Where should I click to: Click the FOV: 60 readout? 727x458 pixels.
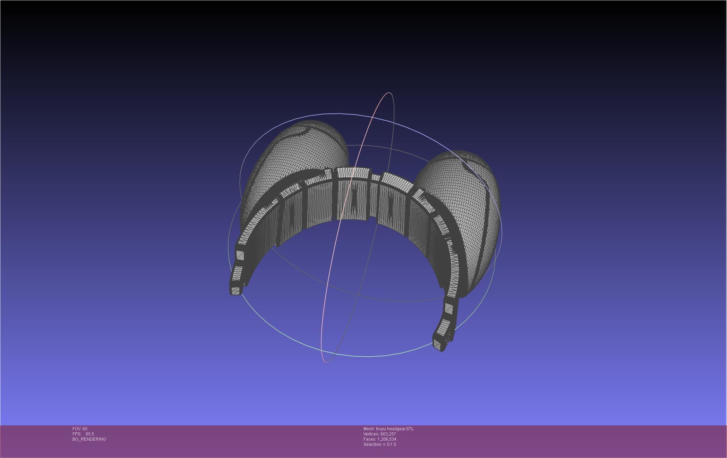(80, 429)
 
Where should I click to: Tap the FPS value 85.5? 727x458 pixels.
(90, 434)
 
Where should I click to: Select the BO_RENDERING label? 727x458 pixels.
(89, 439)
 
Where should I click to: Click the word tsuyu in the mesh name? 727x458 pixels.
(381, 429)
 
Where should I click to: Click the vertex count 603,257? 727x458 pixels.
(388, 434)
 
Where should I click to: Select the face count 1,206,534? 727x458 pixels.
(387, 439)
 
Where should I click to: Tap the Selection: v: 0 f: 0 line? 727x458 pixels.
(379, 444)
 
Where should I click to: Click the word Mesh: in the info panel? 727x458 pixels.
(369, 429)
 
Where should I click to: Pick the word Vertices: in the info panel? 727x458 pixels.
(371, 434)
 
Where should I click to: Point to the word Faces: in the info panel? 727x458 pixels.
(370, 439)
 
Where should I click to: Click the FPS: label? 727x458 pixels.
(77, 434)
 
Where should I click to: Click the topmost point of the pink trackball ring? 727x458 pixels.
(389, 93)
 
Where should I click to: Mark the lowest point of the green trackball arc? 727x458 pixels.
(368, 356)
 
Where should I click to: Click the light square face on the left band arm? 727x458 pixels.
(240, 256)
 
